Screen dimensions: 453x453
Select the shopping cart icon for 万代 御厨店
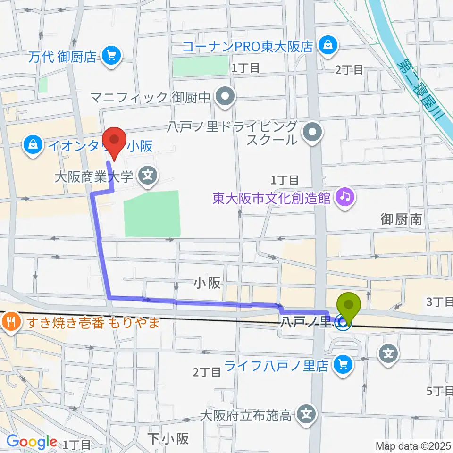(x=112, y=57)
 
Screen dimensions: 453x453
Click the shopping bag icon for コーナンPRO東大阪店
(x=326, y=46)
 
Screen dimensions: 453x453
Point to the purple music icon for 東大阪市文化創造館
(x=345, y=197)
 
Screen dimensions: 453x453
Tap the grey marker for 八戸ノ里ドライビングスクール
(x=312, y=133)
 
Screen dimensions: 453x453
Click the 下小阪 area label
(x=168, y=438)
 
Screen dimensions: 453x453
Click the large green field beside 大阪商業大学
(x=151, y=213)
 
